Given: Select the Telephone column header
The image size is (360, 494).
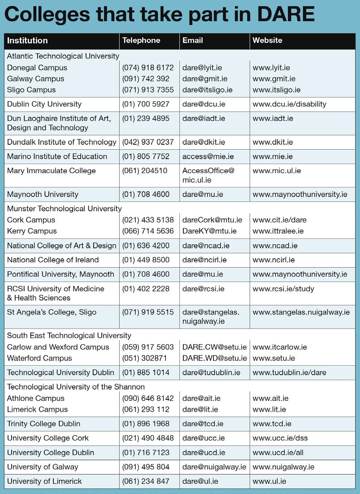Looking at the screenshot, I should pos(141,40).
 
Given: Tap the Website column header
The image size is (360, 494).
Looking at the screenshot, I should pos(267,40).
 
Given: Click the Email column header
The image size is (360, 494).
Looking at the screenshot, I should pos(193,40).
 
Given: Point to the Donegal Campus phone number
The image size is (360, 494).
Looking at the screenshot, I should pos(147,68).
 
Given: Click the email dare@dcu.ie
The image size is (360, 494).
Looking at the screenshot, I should pos(204,104).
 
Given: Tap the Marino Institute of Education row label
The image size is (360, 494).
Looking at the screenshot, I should pos(57,156).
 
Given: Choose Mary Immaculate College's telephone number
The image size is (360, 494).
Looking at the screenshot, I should pos(144,171).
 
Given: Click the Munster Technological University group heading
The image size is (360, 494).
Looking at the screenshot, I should pos(64,208).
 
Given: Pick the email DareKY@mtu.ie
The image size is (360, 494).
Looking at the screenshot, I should pos(209,231).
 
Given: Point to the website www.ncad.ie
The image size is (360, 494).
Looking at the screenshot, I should pos(275,246).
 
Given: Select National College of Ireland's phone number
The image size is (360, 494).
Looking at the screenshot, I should pos(146,260).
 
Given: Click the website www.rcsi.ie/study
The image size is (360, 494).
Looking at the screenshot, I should pos(283,289).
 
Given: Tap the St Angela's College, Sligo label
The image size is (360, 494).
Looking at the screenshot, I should pos(52,312).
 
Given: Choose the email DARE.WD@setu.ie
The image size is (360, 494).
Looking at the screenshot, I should pos(214,358).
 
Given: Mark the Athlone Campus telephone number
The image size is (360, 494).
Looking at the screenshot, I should pos(147,398).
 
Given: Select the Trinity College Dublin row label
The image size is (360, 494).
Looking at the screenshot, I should pos(43,424).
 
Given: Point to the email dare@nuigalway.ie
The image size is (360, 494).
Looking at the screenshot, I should pos(214,467).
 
